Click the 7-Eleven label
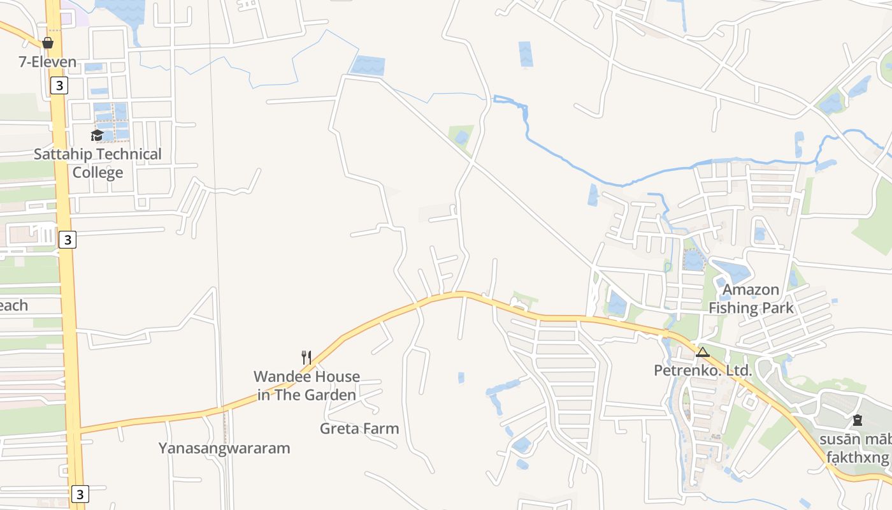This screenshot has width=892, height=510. tap(48, 62)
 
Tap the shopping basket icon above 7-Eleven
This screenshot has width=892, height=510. tap(48, 43)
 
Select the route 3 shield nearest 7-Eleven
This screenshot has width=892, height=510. tap(58, 85)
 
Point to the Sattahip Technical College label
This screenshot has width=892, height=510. tap(97, 163)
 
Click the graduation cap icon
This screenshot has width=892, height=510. tap(97, 135)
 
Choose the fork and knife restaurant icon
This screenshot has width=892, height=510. tap(306, 357)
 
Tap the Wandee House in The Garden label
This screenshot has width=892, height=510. tap(306, 386)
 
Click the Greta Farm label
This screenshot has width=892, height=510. tap(359, 428)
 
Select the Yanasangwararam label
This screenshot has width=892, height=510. tap(224, 448)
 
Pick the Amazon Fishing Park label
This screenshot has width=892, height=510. tap(751, 299)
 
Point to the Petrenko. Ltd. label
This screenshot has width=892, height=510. tap(703, 370)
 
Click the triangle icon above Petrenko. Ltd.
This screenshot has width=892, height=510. tap(703, 353)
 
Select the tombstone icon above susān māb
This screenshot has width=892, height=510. tap(858, 420)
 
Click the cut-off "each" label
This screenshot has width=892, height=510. tap(13, 305)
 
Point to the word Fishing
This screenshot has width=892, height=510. tap(733, 309)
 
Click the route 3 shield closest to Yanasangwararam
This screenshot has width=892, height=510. tap(79, 494)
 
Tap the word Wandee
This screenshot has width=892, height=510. tap(278, 377)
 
